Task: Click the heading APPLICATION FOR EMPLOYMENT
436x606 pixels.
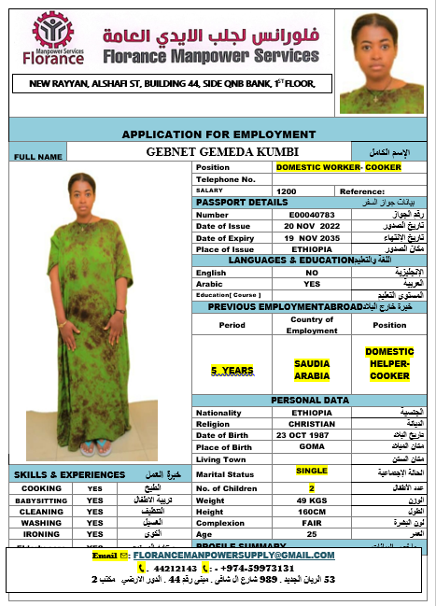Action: [218, 134]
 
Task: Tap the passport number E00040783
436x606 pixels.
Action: [311, 214]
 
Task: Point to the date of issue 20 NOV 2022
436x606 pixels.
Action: [312, 225]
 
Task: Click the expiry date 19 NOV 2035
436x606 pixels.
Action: [312, 237]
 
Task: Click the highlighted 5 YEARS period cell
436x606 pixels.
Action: [231, 370]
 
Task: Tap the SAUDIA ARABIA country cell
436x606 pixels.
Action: [312, 369]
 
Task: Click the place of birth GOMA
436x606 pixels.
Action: [312, 446]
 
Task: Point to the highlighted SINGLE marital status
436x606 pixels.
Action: [312, 471]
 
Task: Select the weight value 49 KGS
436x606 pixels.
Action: [312, 500]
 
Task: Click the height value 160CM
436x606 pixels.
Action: [312, 511]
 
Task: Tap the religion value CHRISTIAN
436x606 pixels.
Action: [312, 423]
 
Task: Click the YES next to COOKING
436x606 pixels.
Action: [94, 487]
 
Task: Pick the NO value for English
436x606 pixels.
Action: [312, 272]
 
